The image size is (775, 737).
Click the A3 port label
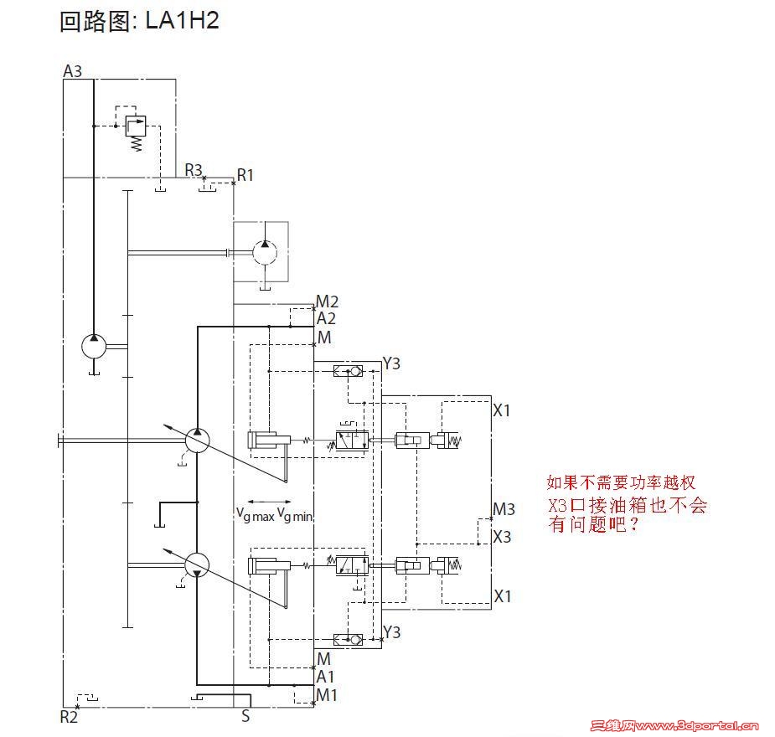(72, 71)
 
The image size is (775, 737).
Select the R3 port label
(194, 170)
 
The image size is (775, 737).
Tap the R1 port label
(245, 175)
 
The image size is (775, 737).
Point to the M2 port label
(327, 301)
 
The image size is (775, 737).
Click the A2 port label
(326, 318)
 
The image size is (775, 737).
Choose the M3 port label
(504, 509)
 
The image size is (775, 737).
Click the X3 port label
(502, 537)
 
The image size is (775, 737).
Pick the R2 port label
(69, 717)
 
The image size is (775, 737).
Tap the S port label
(245, 716)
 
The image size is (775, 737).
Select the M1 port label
(326, 695)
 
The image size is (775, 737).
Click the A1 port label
(325, 677)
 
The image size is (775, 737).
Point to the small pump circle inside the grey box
(265, 252)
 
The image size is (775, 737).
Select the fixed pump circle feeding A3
(94, 346)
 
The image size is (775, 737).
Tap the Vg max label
(255, 515)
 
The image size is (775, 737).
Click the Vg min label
(295, 515)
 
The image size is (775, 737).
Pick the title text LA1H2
(183, 21)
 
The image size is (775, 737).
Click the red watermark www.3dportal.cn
(697, 725)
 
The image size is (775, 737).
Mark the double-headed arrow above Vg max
(270, 502)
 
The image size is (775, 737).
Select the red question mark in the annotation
(633, 524)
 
